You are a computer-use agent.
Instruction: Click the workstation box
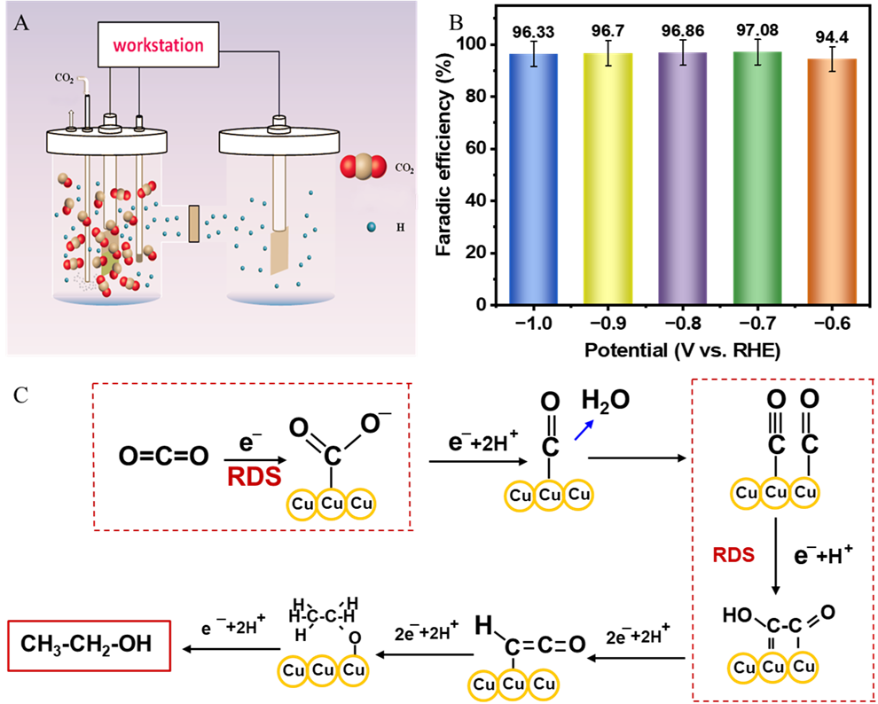(x=158, y=44)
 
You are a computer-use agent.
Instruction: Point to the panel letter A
(x=21, y=23)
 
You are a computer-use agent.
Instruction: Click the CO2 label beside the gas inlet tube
(x=65, y=78)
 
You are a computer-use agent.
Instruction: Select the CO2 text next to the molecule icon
(x=404, y=168)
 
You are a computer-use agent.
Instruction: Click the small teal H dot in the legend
(x=372, y=227)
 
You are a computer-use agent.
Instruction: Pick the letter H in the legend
(x=400, y=228)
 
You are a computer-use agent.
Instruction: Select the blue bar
(x=533, y=177)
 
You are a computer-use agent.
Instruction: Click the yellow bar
(x=608, y=177)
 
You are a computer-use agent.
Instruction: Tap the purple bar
(x=683, y=177)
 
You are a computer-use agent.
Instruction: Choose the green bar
(x=757, y=177)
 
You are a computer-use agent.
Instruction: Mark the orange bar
(x=832, y=182)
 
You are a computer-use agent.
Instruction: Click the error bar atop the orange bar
(x=832, y=64)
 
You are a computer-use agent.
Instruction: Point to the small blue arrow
(x=584, y=430)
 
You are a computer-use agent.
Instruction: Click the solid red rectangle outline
(x=89, y=645)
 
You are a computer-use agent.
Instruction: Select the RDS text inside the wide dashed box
(x=255, y=476)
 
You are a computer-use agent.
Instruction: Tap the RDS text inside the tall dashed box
(x=733, y=555)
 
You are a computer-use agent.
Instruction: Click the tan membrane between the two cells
(x=194, y=223)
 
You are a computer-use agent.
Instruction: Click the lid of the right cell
(x=280, y=141)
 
